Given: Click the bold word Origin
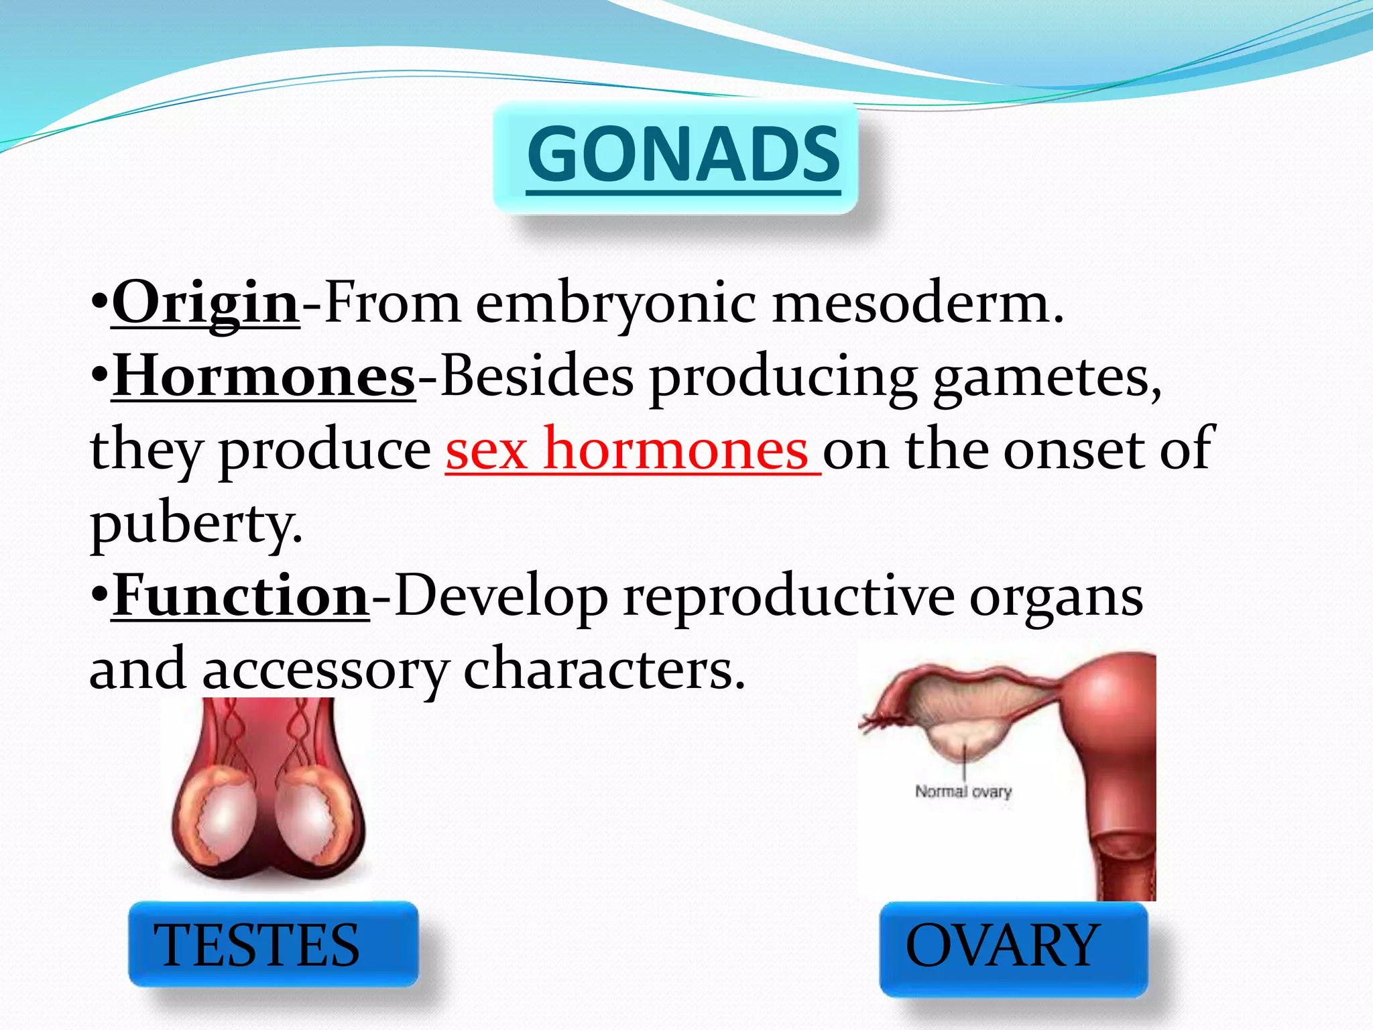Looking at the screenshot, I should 205,303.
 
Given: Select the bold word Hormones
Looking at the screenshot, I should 263,377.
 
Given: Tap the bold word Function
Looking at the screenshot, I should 240,596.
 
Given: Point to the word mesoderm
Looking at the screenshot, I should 917,303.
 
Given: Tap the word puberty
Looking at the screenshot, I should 196,524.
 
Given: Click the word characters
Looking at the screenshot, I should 604,670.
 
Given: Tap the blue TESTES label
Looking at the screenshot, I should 257,945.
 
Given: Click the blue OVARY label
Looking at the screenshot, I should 1002,945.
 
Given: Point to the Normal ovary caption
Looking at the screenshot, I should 963,791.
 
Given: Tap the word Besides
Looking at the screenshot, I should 536,377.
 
